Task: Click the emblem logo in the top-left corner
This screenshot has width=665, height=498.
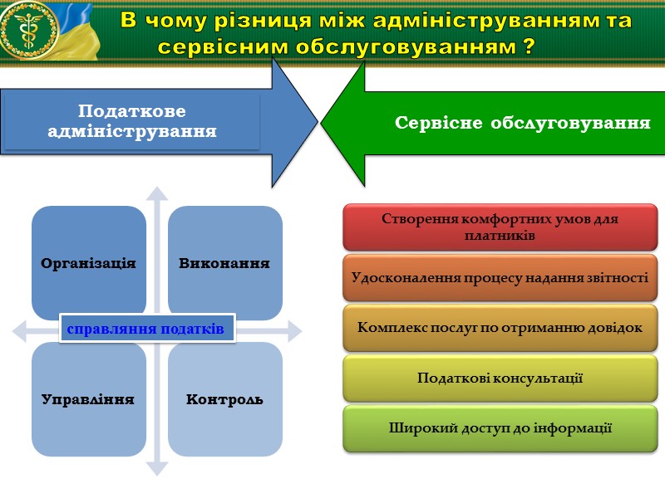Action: point(30,31)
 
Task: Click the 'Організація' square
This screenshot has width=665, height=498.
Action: point(89,262)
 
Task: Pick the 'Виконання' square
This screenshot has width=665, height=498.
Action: point(224,262)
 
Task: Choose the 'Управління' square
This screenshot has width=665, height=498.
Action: point(89,399)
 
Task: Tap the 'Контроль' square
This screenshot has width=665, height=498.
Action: point(224,399)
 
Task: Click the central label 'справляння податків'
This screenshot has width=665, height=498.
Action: point(147,329)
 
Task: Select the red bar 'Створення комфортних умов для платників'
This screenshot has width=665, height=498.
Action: point(500,227)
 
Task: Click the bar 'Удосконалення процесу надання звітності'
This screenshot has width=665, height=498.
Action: point(500,278)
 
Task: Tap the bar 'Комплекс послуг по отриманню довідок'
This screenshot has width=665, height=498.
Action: point(500,328)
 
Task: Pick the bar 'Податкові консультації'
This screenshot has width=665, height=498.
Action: point(500,378)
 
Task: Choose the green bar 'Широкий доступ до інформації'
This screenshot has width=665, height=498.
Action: point(500,429)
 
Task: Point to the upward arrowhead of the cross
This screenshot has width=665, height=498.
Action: point(156,193)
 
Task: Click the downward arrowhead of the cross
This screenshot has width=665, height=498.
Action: point(156,468)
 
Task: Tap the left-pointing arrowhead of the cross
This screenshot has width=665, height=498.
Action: point(21,331)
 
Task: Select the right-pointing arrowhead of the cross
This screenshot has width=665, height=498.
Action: point(293,331)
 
